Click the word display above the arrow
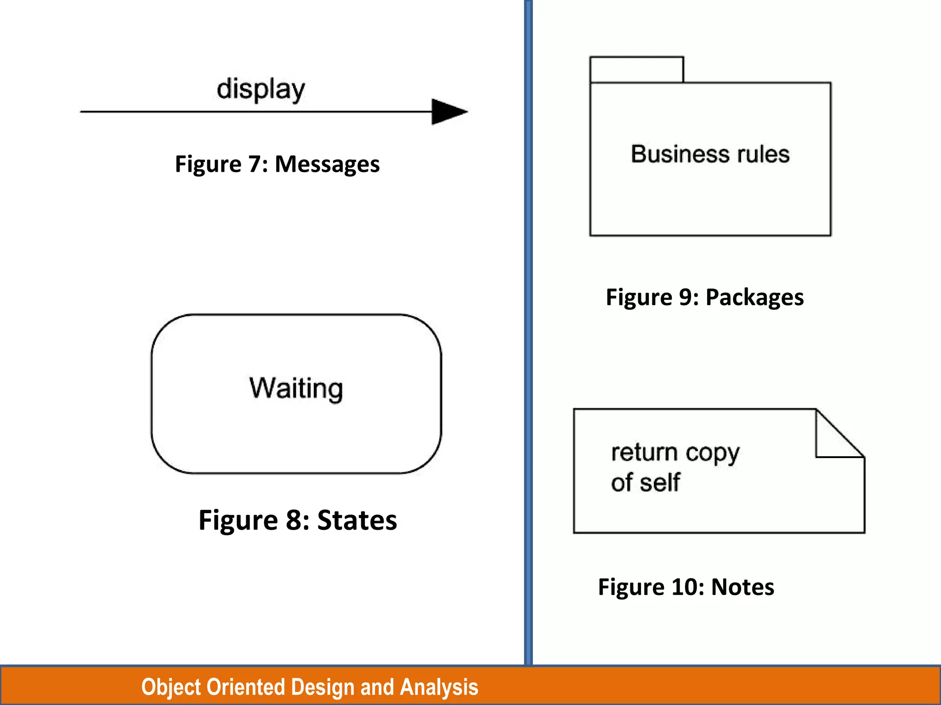tap(261, 89)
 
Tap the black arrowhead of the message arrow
tap(447, 112)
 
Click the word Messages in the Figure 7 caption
tap(327, 164)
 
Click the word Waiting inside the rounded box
tap(296, 388)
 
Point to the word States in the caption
tap(357, 520)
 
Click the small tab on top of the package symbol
tap(636, 70)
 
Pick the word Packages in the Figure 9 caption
tap(754, 297)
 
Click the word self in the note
tap(661, 482)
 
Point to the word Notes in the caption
tap(743, 587)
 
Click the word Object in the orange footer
tap(171, 687)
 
